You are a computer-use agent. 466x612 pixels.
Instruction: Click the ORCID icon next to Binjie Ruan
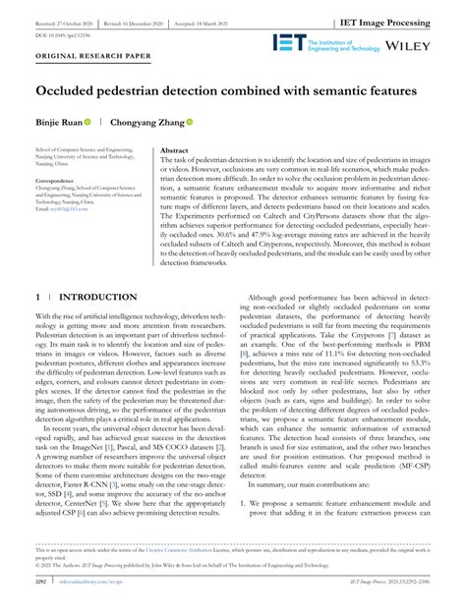pyautogui.click(x=87, y=123)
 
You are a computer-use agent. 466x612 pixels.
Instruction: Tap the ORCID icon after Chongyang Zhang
pyautogui.click(x=190, y=123)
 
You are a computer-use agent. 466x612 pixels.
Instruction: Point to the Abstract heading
pyautogui.click(x=174, y=152)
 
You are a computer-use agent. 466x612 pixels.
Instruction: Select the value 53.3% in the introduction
pyautogui.click(x=422, y=363)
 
